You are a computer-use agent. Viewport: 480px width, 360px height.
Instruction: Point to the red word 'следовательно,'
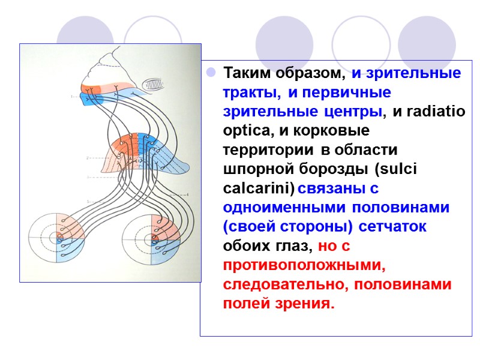pyautogui.click(x=286, y=284)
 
